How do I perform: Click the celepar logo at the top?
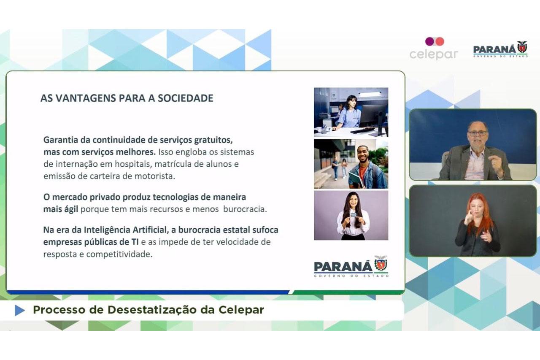(434, 49)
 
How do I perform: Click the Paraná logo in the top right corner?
(500, 49)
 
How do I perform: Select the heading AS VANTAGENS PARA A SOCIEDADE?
(127, 98)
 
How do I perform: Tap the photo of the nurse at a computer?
(351, 112)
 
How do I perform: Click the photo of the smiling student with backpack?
(351, 164)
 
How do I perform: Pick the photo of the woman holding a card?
(351, 215)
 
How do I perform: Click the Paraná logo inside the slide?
(351, 266)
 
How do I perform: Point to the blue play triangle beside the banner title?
(19, 310)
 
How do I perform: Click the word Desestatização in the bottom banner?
(161, 310)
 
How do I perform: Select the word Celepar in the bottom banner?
(241, 310)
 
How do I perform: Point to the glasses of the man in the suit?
(478, 133)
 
